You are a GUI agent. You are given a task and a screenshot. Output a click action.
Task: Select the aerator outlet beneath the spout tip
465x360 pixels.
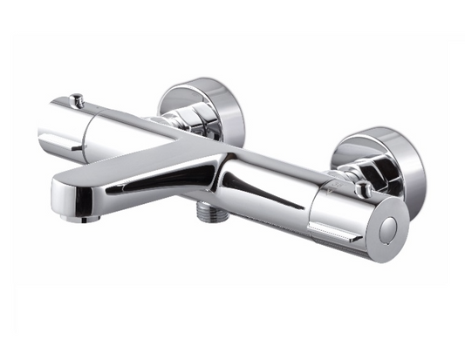88,217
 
